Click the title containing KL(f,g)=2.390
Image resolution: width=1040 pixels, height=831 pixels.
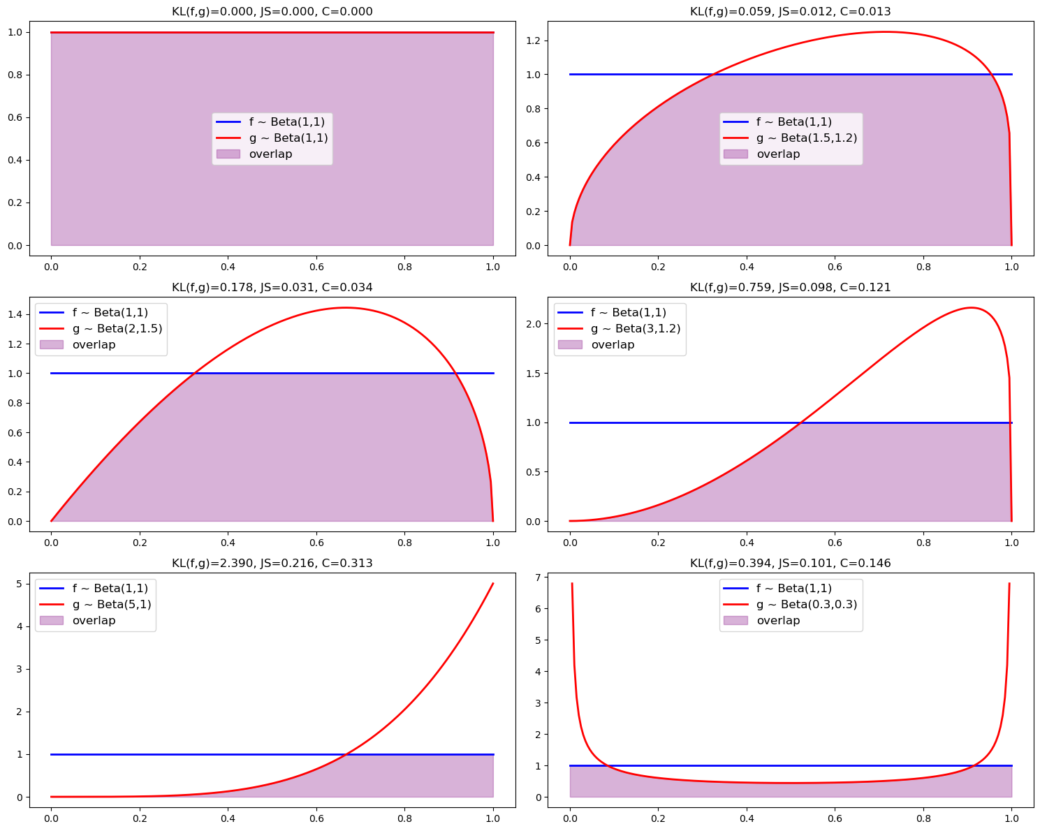(x=272, y=564)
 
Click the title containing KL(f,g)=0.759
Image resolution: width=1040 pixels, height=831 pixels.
(x=790, y=288)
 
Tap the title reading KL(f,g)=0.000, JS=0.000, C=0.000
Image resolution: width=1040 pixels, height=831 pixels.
(x=272, y=12)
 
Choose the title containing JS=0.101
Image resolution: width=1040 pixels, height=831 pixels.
(x=790, y=564)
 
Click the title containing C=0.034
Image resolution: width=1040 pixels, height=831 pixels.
(x=272, y=288)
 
